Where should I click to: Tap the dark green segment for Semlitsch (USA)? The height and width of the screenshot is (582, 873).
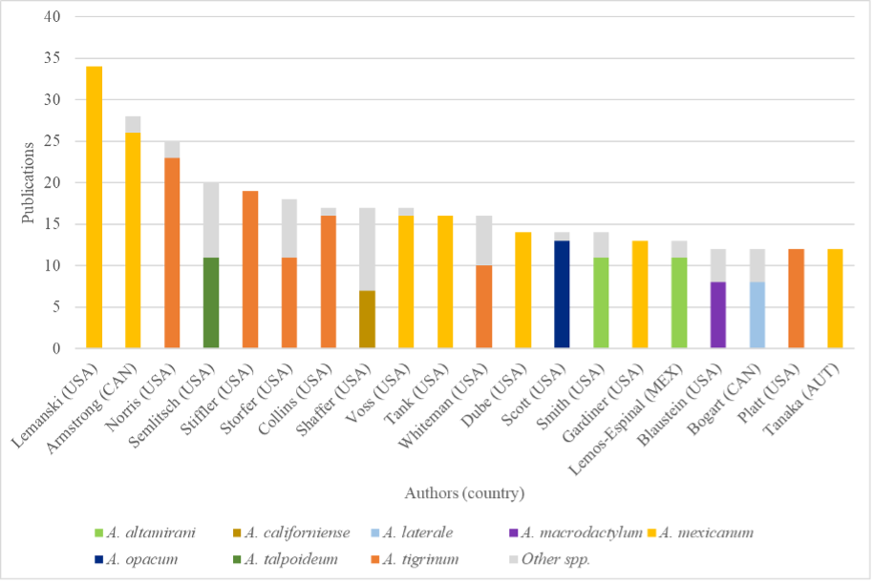(211, 302)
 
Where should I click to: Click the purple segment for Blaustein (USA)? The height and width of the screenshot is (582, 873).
(717, 315)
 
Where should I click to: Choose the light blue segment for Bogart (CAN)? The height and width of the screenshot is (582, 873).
(756, 315)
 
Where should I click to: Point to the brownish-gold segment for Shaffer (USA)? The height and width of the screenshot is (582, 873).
(367, 319)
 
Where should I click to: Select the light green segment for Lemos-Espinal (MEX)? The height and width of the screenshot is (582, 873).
(678, 302)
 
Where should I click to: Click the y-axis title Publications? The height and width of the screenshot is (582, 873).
(29, 182)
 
